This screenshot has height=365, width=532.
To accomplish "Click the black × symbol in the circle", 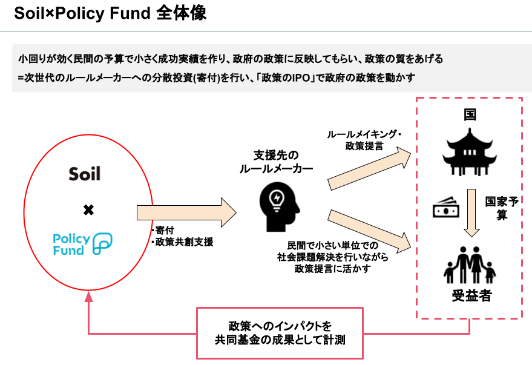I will [x=88, y=209].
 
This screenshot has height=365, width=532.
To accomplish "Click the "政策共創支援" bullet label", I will [x=182, y=242].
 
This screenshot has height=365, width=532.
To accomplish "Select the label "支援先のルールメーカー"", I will [x=277, y=162].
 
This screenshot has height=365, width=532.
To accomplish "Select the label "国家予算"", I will [x=501, y=208].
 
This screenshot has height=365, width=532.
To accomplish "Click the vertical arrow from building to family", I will [x=471, y=212].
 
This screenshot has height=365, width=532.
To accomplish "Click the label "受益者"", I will [x=471, y=296].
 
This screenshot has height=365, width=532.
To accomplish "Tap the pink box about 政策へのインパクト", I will [x=280, y=333].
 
